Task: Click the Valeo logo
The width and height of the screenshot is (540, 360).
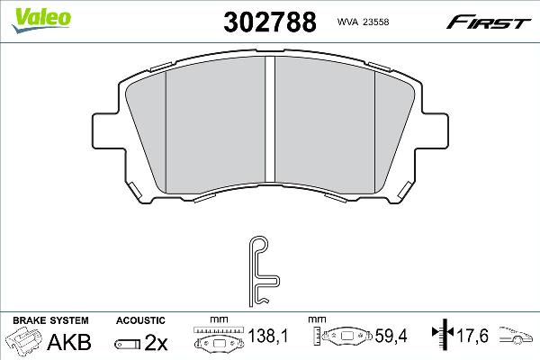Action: tap(41, 20)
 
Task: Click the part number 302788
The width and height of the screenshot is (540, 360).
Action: tap(270, 22)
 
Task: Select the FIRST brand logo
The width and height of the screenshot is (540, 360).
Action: tap(489, 22)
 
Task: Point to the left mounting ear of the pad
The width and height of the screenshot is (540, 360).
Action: tap(107, 130)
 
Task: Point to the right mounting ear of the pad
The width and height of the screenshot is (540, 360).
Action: tap(433, 130)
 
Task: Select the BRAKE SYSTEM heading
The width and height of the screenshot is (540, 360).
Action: tap(50, 320)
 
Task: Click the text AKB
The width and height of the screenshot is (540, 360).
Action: tap(69, 342)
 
